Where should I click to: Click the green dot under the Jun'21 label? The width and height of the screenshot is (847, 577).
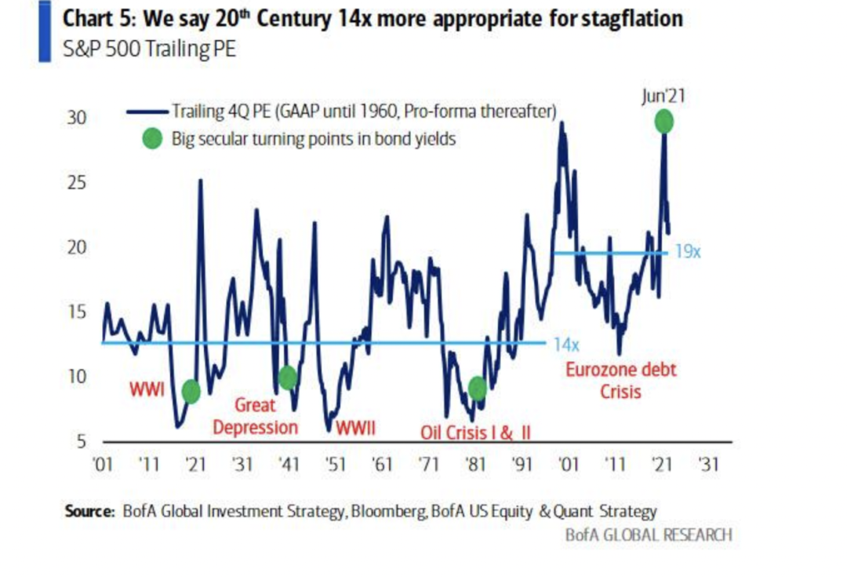[663, 122]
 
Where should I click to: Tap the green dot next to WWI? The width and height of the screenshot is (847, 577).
[191, 391]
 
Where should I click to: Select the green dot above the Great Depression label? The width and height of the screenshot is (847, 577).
[287, 378]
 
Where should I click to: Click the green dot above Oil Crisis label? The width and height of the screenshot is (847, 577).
[478, 388]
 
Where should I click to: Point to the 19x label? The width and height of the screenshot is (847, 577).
[688, 253]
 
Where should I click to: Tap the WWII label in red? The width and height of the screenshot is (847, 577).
[355, 429]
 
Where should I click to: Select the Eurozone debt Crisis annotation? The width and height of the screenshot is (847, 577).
[620, 379]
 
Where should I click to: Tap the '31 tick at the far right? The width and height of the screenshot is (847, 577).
[707, 463]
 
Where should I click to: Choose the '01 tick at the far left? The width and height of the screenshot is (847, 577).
[103, 463]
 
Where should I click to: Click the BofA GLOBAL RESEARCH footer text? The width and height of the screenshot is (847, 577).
[649, 535]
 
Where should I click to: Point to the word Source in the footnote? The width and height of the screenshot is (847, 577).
[89, 511]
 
